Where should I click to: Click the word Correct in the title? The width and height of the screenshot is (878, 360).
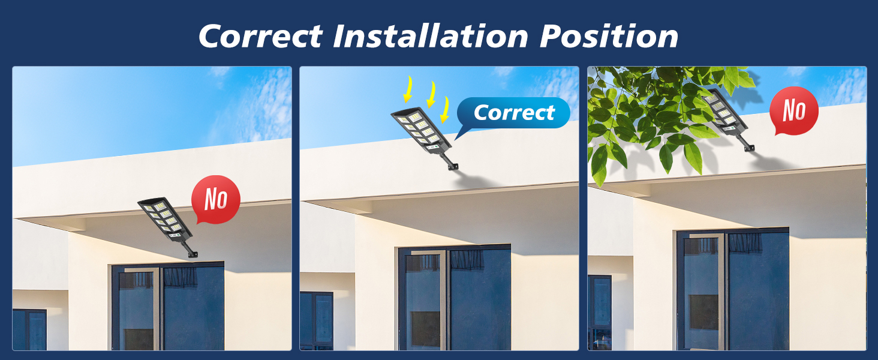261,36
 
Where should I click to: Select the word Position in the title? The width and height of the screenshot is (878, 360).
609,35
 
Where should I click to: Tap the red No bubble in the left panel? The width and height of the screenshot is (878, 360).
215,199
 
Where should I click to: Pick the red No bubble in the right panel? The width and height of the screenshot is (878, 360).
793,110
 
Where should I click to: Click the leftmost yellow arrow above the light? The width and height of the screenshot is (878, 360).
408,89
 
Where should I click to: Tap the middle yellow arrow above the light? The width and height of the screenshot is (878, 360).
432,95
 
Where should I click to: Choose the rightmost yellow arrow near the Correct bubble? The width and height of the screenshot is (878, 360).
444,109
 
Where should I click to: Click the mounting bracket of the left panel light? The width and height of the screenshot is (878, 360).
189,250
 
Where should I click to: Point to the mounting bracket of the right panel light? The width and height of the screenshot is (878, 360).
746,144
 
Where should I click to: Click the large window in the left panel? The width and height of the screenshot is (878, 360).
168,306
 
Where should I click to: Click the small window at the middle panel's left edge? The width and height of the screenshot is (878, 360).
316,321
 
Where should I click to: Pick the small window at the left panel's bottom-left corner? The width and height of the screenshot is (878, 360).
29,329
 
